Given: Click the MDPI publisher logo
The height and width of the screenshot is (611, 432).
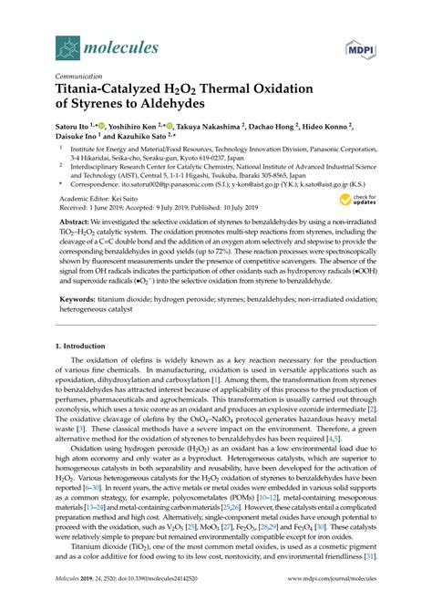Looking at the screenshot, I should pyautogui.click(x=358, y=46).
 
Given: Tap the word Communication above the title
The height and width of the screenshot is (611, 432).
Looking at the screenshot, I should pyautogui.click(x=86, y=78).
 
